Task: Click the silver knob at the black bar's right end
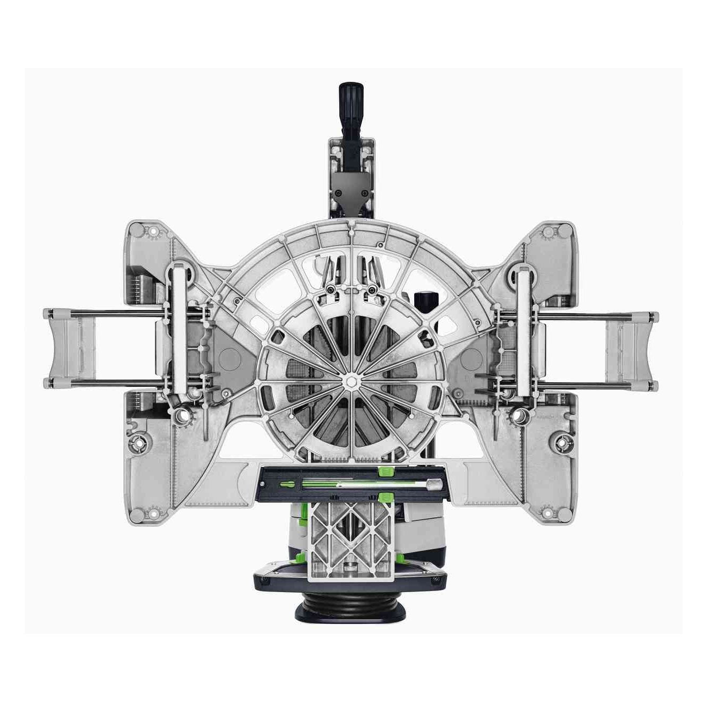coord(434,484)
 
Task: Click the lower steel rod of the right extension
coord(595,382)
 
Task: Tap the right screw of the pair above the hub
coord(372,288)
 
